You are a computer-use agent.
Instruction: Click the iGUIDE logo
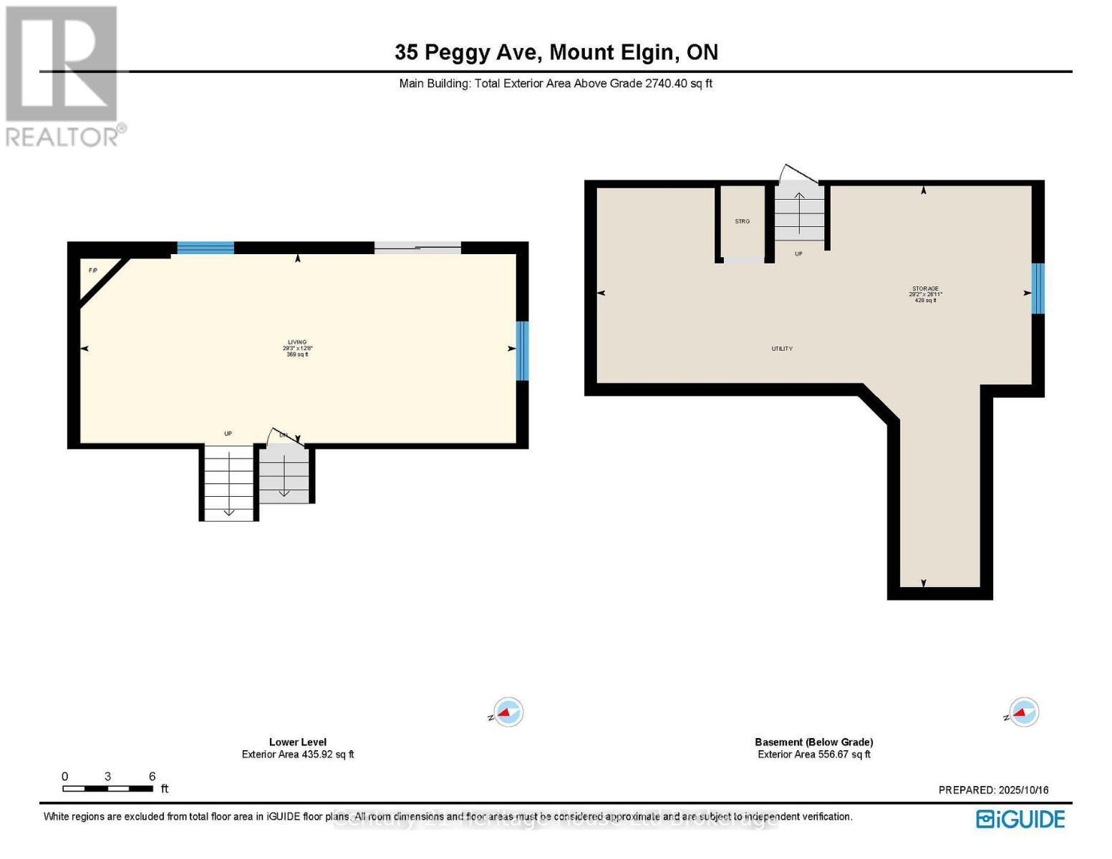coord(1020,819)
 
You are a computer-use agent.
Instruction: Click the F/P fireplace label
coord(93,271)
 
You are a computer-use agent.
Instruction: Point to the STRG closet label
coord(743,222)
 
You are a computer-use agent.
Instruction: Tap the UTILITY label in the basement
coord(782,349)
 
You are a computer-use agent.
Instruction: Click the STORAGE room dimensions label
coord(925,294)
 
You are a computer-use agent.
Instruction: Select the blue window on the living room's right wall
coord(522,351)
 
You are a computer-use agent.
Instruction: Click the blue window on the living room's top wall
coord(206,248)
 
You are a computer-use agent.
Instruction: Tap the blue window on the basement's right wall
coord(1038,288)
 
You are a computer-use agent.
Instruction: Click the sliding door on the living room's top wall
coord(417,248)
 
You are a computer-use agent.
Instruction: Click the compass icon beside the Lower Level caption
coord(508,712)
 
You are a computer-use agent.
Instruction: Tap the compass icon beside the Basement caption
coord(1022,712)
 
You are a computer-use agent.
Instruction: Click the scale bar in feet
coord(108,788)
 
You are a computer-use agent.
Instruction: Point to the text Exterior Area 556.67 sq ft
coord(814,754)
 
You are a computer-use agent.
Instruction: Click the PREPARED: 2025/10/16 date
coord(993,790)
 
